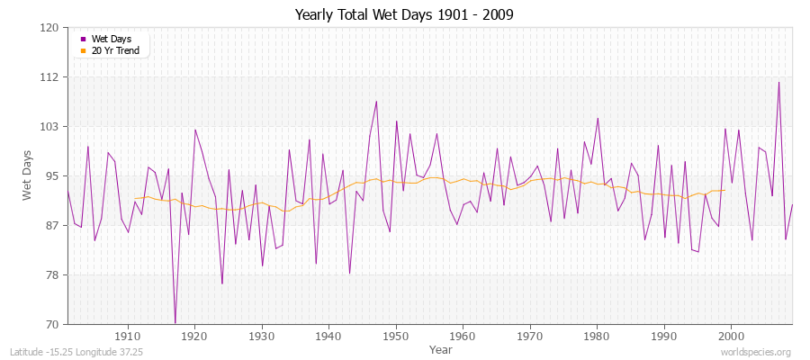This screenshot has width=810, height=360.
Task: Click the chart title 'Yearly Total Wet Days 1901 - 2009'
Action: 404,14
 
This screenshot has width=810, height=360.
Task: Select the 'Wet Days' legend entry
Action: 111,40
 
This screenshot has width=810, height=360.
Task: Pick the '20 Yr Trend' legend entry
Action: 116,50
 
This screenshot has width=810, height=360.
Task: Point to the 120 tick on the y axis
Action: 50,28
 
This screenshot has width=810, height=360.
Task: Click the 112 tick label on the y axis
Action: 50,77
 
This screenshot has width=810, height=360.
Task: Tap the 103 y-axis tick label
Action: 50,127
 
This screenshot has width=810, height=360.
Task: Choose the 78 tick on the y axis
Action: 53,274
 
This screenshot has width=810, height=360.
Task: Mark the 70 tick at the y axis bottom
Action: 53,324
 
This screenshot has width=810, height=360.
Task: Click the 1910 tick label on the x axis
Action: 128,335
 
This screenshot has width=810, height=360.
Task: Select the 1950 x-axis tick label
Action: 395,335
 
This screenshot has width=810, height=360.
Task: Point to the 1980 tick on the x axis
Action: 596,335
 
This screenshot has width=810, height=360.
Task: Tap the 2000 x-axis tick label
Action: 730,335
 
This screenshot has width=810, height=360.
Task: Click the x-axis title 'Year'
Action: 441,349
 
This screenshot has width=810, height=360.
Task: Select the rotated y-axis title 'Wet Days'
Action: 27,176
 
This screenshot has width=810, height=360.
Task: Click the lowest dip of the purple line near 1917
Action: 175,323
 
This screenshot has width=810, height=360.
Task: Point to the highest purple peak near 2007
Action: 778,83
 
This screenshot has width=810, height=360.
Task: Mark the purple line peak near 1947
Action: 376,102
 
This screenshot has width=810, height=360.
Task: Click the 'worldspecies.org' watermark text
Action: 755,352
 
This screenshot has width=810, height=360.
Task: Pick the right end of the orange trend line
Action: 724,190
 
